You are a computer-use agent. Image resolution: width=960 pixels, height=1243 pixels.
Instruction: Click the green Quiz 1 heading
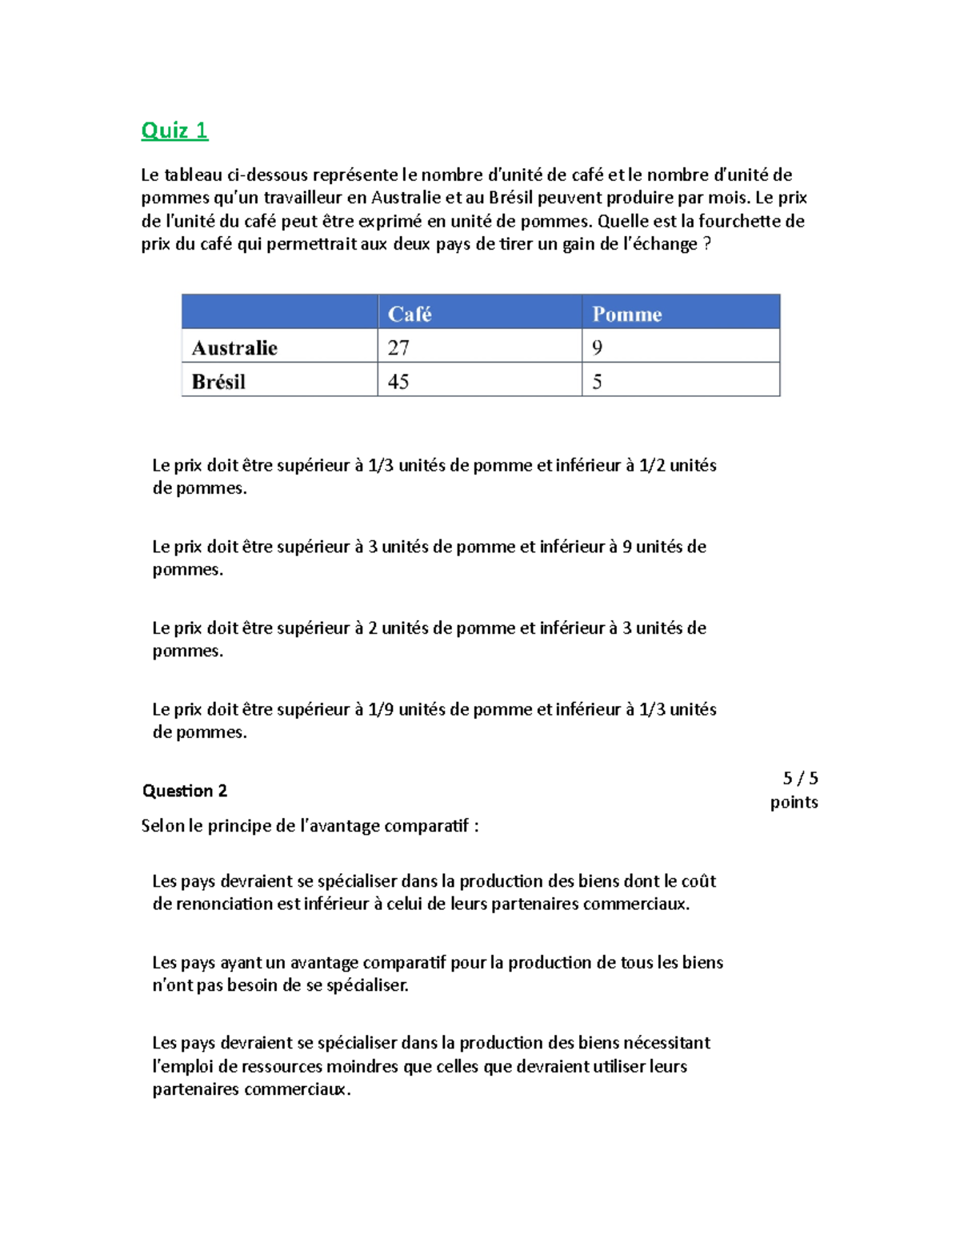click(174, 130)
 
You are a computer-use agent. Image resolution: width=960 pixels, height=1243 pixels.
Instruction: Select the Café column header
click(410, 314)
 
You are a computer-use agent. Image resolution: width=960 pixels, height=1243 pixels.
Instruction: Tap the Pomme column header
click(626, 314)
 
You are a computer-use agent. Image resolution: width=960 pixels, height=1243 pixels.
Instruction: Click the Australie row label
click(234, 347)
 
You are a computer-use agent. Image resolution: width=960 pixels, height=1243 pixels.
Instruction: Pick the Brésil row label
click(218, 382)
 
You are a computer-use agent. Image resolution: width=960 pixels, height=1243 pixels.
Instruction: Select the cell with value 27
click(398, 347)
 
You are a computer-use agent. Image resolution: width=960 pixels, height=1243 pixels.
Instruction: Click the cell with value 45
click(398, 382)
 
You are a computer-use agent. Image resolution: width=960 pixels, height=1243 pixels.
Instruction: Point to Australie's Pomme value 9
click(597, 347)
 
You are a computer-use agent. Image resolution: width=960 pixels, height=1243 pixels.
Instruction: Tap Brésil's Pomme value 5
click(597, 382)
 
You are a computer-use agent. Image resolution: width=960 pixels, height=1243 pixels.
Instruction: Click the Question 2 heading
click(184, 791)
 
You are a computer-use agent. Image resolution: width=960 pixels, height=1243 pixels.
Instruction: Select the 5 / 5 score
click(800, 778)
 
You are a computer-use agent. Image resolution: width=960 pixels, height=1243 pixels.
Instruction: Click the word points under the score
click(794, 802)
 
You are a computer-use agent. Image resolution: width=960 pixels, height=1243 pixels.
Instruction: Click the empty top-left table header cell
click(279, 312)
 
